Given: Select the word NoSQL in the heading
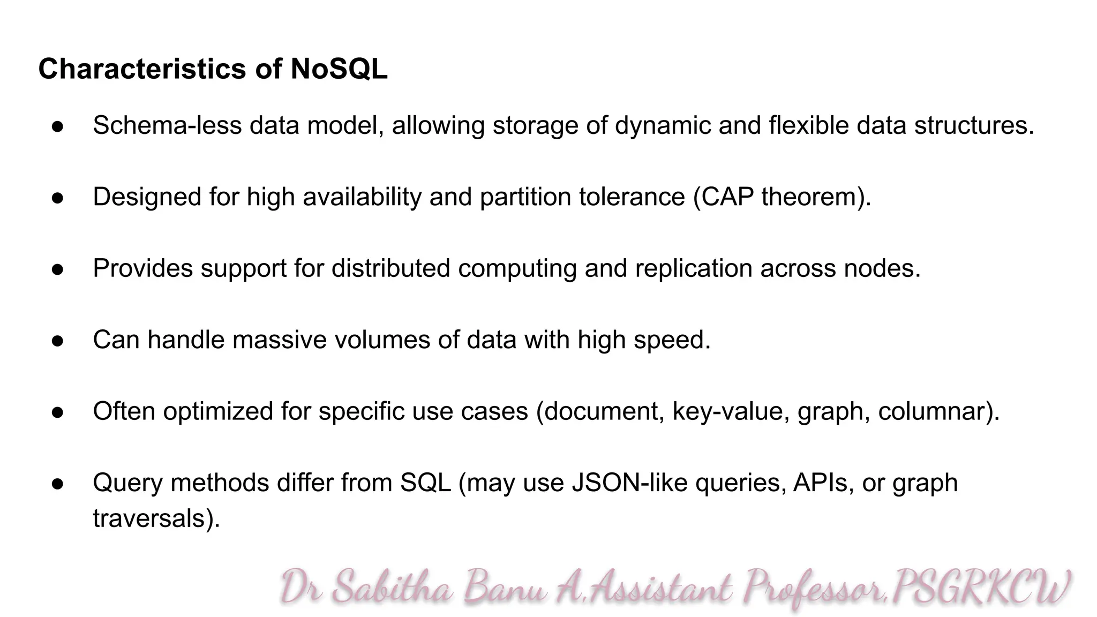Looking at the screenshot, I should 339,69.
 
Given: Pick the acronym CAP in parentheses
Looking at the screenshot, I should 727,197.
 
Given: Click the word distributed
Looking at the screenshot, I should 390,268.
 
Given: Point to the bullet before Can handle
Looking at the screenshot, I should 58,341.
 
